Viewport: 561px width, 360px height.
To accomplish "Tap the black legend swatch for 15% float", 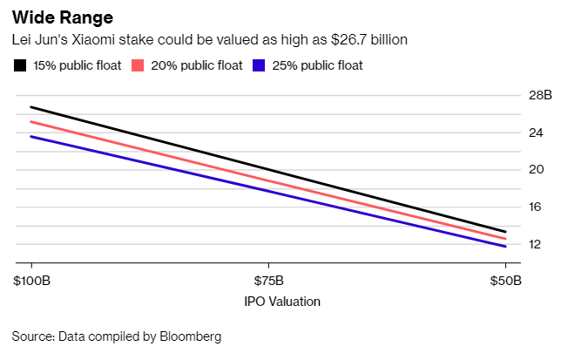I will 19,65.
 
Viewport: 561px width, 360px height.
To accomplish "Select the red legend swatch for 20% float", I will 137,65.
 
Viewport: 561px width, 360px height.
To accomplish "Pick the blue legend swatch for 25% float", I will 257,65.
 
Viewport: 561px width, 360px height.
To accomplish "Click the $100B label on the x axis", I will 31,281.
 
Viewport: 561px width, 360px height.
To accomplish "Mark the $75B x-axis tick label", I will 268,281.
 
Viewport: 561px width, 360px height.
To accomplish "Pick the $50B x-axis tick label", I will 505,281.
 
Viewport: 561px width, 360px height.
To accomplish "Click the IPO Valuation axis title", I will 267,302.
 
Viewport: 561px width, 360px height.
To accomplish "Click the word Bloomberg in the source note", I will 193,336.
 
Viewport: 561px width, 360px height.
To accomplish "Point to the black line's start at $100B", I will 31,107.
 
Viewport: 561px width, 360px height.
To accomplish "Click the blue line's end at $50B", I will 505,247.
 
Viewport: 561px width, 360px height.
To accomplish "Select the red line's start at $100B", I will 31,122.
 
